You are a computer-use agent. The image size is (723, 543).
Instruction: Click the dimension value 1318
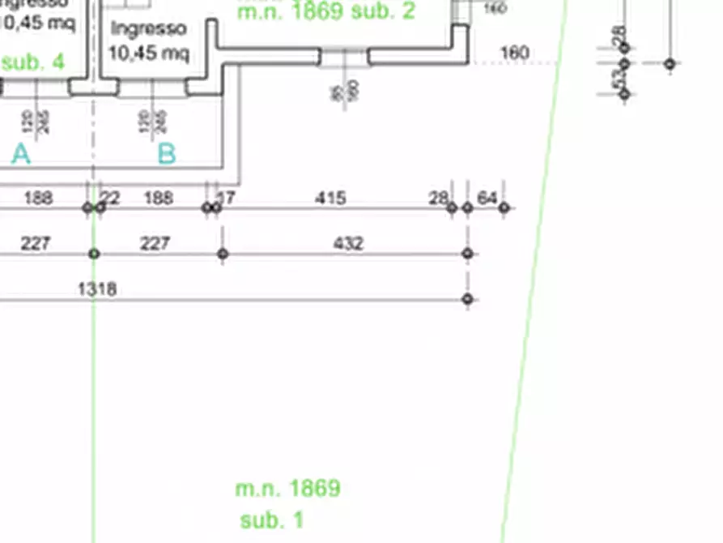tap(97, 289)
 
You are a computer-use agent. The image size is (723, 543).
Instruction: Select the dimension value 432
tap(348, 243)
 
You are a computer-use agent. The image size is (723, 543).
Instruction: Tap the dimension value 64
tap(487, 198)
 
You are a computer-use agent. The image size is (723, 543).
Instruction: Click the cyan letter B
tap(166, 154)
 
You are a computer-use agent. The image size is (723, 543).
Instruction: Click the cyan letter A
tap(21, 154)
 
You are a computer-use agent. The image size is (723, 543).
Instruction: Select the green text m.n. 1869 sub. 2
tap(326, 11)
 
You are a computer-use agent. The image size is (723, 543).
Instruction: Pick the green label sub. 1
tap(272, 519)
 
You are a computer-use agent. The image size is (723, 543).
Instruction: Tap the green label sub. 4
tap(33, 62)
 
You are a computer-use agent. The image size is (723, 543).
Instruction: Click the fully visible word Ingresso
tap(149, 29)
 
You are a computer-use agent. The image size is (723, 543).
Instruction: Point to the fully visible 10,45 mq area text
tap(149, 53)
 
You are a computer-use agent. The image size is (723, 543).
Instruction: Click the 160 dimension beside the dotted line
tap(515, 53)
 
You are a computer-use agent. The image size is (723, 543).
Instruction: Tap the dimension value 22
tap(110, 198)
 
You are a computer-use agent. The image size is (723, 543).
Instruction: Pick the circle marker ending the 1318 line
tap(467, 299)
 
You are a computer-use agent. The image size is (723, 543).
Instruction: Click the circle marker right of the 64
tap(504, 208)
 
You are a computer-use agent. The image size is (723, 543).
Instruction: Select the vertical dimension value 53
tap(619, 79)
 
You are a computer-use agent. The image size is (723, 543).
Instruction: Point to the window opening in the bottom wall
tap(345, 57)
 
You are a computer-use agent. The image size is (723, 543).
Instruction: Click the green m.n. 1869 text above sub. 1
tap(287, 489)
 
